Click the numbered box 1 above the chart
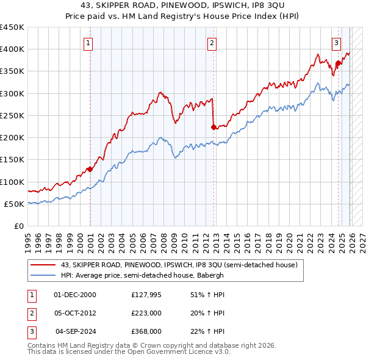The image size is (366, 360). point(89,43)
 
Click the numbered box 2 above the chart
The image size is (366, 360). point(211,43)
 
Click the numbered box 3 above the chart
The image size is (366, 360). point(337,43)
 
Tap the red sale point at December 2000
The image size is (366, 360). point(90,169)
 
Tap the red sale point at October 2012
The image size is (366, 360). point(213,127)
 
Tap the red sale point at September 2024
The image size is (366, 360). point(338,63)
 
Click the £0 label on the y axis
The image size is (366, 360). point(18,226)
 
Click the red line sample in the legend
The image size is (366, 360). point(44,265)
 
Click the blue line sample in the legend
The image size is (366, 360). point(44,275)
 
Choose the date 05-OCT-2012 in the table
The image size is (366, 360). point(75,313)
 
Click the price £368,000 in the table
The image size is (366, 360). point(146,332)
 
